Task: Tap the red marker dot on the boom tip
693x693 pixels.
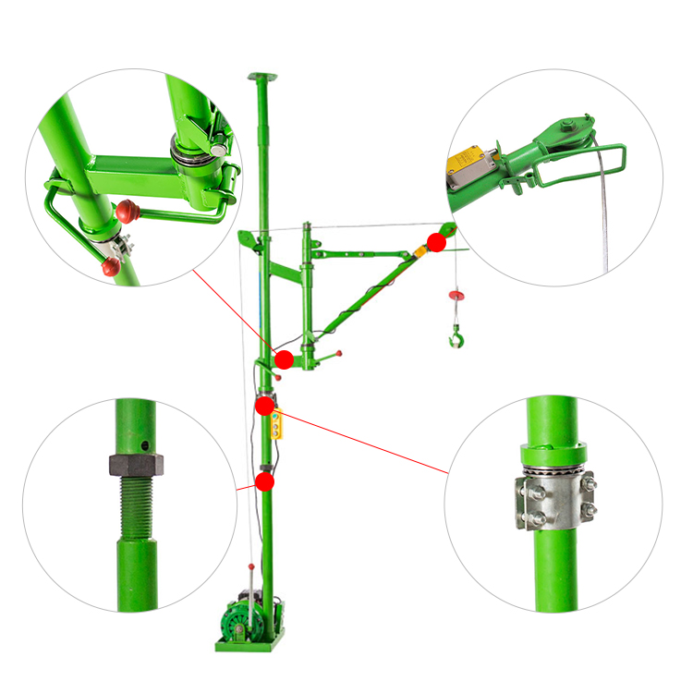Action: (x=436, y=242)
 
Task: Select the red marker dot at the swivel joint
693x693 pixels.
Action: (x=284, y=359)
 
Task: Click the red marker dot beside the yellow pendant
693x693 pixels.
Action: (x=265, y=405)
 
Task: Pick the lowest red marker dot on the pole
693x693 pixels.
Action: (x=265, y=481)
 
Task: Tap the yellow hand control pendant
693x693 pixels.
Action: (x=276, y=425)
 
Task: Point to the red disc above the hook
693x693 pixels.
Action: (x=456, y=295)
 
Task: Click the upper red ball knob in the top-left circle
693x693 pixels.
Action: (x=128, y=213)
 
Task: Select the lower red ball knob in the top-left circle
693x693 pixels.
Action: (x=111, y=268)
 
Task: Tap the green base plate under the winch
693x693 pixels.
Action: (x=249, y=645)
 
